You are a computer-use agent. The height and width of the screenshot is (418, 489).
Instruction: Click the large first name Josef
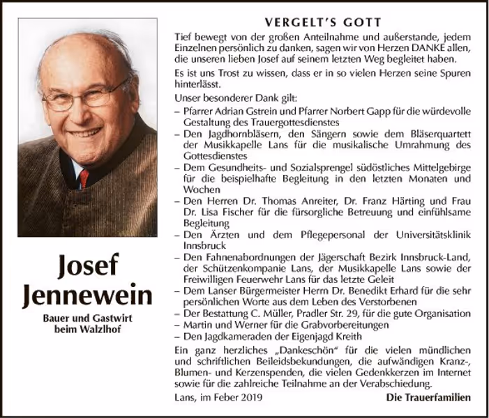tap(87, 265)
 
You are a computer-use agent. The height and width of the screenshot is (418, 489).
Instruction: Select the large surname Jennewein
tap(87, 295)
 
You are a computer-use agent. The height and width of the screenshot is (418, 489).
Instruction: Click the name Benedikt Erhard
tap(392, 291)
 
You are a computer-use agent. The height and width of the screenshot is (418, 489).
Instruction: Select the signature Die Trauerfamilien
tap(428, 397)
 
